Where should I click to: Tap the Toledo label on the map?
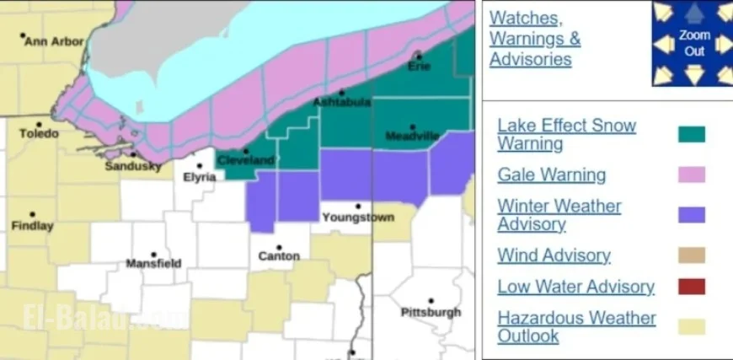[40, 134]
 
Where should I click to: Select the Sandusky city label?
[132, 166]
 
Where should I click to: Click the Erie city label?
[419, 66]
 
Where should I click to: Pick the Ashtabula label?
[341, 102]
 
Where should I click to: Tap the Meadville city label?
[412, 136]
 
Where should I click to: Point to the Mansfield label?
[153, 263]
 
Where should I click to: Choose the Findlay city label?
[33, 226]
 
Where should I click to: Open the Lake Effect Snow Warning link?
[566, 134]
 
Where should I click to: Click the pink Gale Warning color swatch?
[691, 175]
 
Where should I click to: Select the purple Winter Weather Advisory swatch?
[691, 215]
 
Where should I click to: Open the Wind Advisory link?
[554, 255]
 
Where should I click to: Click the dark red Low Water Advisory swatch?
[691, 287]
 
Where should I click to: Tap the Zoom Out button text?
[694, 43]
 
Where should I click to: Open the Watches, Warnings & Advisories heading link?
[535, 39]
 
